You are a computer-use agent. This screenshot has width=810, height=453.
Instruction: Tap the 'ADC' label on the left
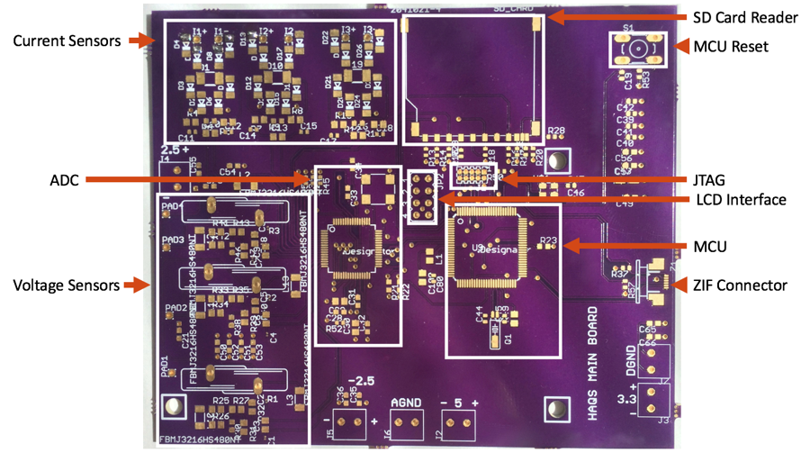click(x=64, y=180)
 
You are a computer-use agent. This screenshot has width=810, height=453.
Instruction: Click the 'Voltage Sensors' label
click(x=67, y=285)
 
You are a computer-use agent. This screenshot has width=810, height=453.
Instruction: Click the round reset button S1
click(x=637, y=49)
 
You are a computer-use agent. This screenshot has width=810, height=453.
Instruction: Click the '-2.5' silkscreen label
click(x=360, y=379)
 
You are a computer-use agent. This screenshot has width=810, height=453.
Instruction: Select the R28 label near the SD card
click(x=556, y=131)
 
